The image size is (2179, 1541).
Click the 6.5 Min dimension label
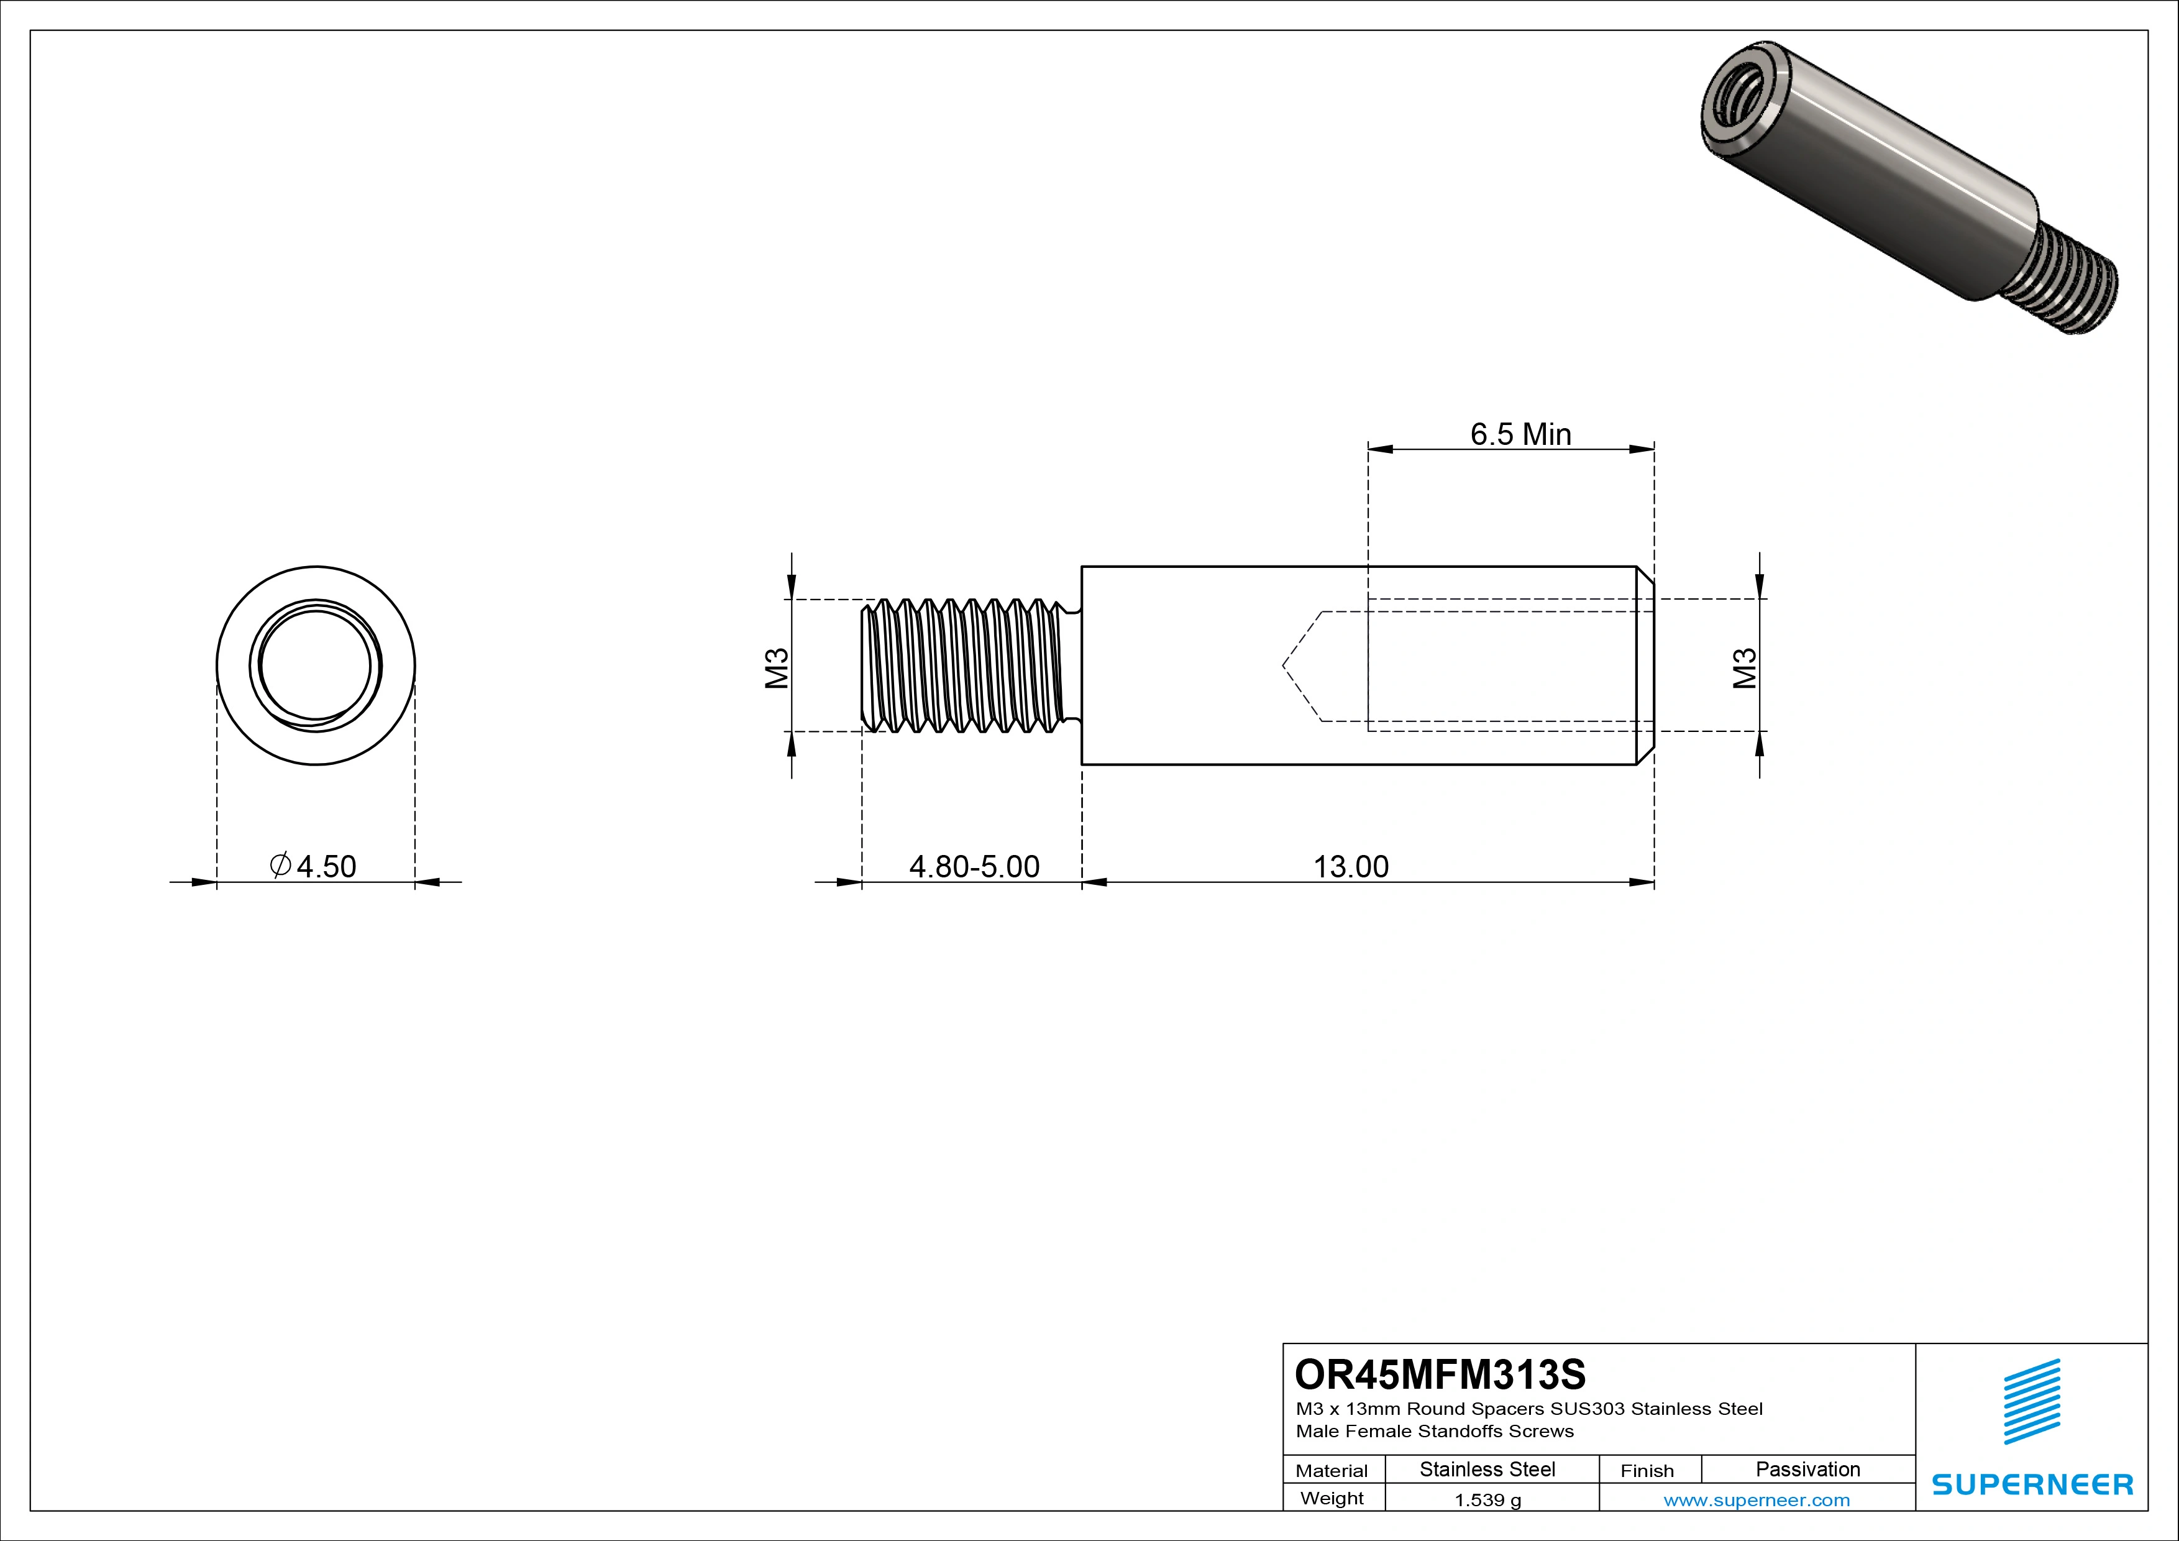point(1520,434)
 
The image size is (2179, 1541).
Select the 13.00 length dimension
point(1351,866)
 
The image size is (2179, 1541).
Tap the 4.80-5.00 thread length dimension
point(974,866)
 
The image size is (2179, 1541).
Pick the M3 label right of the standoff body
point(1744,667)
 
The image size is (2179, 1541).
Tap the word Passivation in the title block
point(1807,1469)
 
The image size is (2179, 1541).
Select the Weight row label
point(1332,1498)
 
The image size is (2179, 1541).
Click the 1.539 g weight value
point(1487,1500)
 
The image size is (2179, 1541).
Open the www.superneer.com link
point(1756,1500)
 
